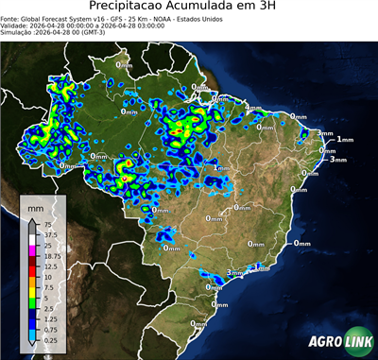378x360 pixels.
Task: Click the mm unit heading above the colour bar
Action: (x=35, y=205)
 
